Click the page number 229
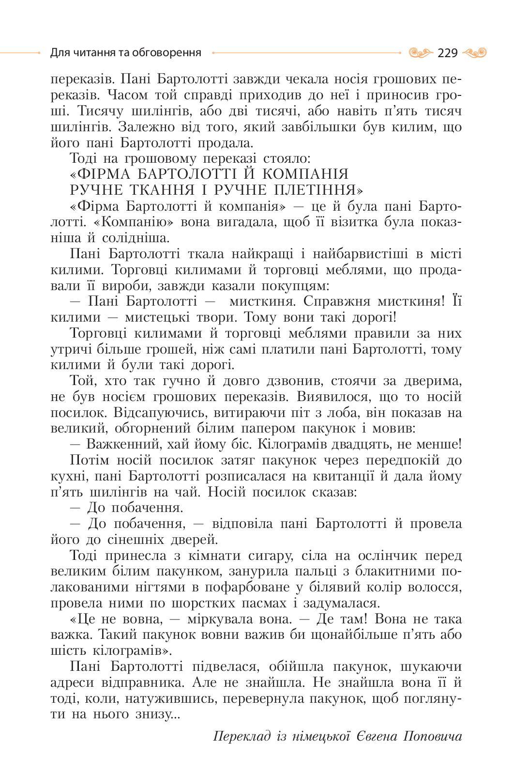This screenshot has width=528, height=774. click(447, 53)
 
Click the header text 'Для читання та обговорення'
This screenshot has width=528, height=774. click(125, 52)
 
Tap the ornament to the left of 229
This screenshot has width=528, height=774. click(420, 52)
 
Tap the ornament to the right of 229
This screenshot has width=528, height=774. click(474, 52)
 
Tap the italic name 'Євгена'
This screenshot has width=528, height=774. click(377, 737)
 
